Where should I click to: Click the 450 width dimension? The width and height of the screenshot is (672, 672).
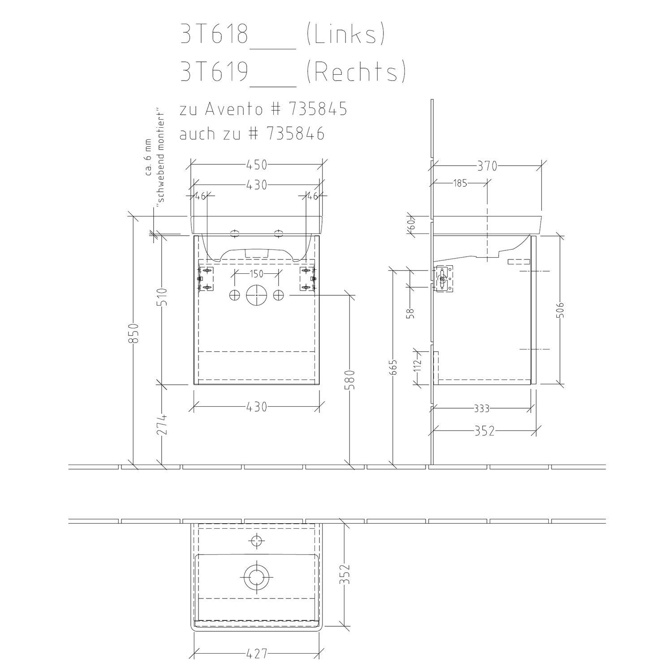(257, 165)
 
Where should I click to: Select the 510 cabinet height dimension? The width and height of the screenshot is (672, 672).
(162, 297)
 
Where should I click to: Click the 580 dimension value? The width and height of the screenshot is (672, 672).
(351, 379)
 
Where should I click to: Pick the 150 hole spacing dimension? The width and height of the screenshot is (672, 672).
(256, 274)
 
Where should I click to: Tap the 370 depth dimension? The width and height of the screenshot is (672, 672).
(487, 166)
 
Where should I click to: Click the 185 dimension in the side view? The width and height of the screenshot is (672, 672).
(460, 183)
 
